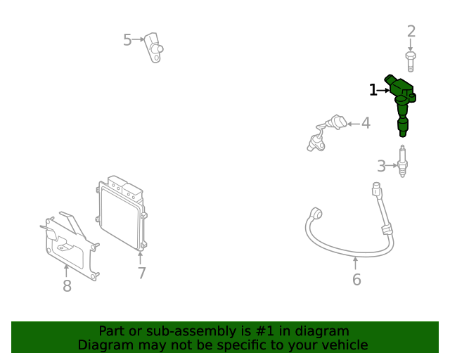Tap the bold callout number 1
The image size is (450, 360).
click(373, 90)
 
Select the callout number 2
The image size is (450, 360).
click(411, 32)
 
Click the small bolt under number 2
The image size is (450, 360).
click(411, 61)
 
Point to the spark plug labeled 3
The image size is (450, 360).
click(403, 161)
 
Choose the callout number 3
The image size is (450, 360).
click(381, 166)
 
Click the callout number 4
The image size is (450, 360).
click(366, 123)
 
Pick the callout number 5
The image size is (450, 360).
click(127, 40)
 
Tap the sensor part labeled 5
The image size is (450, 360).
click(154, 48)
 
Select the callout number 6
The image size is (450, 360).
click(356, 280)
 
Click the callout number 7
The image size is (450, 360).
click(142, 273)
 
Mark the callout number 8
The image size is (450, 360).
click(67, 286)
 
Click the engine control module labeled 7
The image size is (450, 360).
click(122, 213)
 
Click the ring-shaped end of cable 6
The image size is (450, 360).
click(316, 213)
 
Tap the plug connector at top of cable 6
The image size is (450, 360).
click(377, 190)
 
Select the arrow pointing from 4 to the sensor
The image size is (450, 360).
click(353, 124)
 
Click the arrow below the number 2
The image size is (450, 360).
click(411, 46)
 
